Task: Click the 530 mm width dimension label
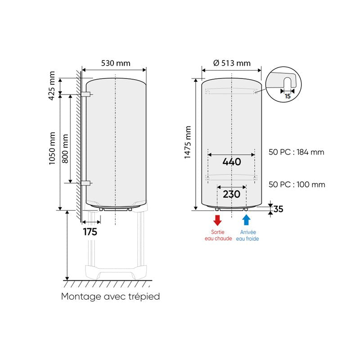click(x=116, y=63)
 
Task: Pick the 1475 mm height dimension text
click(x=188, y=143)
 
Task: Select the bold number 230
click(x=231, y=194)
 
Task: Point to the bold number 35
click(x=279, y=209)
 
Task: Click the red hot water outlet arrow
click(x=217, y=220)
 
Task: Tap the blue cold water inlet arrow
click(x=246, y=220)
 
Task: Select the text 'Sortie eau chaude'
click(x=217, y=235)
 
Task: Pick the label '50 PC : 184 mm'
click(x=296, y=152)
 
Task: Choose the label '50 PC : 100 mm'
click(x=296, y=184)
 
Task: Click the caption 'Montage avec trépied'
click(x=110, y=297)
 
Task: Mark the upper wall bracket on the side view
click(x=86, y=94)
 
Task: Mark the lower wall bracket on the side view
click(x=86, y=183)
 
